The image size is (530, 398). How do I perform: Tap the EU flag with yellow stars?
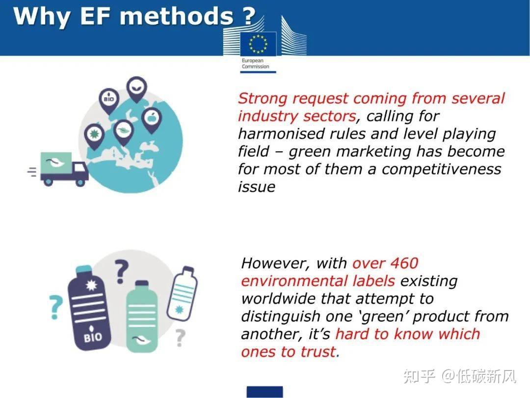coord(258,43)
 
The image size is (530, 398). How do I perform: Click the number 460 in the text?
coord(402,263)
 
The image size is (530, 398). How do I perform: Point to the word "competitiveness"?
coord(441,169)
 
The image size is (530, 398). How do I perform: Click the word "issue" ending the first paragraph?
coord(256,187)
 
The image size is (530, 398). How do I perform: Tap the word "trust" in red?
coord(318,351)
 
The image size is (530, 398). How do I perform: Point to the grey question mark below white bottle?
coord(180,337)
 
